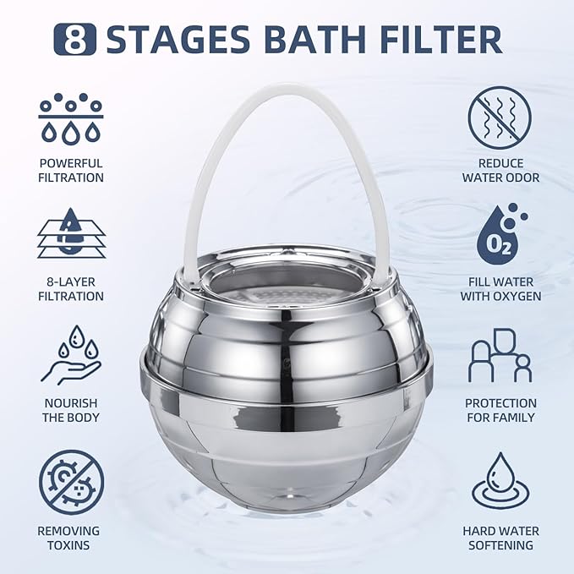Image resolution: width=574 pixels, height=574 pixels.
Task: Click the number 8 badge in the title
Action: pos(75,39)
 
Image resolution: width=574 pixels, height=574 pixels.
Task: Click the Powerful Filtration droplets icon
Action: pos(71,118)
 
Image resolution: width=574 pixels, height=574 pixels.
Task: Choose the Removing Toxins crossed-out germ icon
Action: pos(71,481)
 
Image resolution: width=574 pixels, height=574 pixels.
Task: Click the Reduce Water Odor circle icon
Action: pos(500,118)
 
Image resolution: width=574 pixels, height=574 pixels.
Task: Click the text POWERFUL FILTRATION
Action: pos(71,170)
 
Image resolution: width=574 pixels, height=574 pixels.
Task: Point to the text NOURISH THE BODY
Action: pos(71,410)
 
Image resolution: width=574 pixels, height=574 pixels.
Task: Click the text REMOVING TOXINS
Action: pos(71,538)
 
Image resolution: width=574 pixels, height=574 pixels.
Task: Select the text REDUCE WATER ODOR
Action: pos(500,170)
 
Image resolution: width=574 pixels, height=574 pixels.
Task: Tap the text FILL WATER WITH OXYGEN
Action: pos(500,289)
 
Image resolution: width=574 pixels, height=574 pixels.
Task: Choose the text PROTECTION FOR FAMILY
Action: pos(500,410)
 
